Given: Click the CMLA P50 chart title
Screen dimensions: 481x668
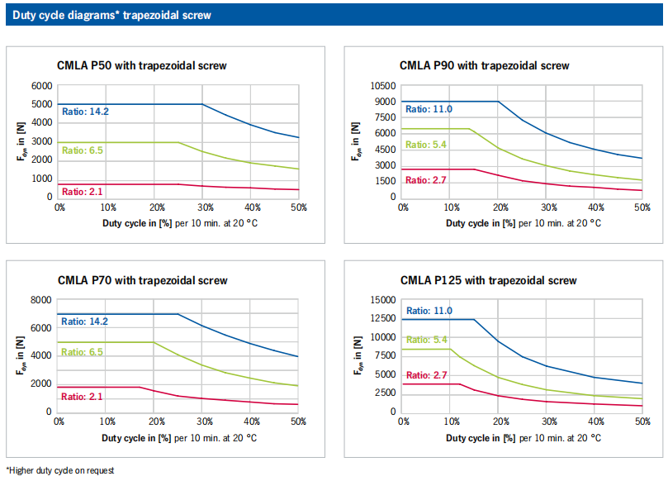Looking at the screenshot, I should pos(142,65).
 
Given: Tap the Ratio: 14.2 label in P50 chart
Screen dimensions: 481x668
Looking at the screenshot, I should pos(86,111).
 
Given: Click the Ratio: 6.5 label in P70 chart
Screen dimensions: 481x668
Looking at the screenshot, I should pos(83,352).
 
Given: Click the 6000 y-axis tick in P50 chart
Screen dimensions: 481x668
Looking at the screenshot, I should pos(42,86).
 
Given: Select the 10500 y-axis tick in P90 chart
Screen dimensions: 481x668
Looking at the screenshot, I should pos(384,86).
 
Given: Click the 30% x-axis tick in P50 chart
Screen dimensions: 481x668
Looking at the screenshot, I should pos(203,207).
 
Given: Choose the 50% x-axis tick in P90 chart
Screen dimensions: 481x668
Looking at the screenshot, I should pos(642,207).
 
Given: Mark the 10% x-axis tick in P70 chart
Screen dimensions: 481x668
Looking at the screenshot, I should pos(107,422).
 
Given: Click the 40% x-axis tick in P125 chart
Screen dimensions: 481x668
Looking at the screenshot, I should pos(594,422).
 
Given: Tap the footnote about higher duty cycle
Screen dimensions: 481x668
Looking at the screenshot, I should pos(60,470).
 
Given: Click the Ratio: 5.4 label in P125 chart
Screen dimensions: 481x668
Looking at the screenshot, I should pos(427,340).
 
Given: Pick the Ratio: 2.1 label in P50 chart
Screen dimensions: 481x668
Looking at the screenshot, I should pos(83,193).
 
